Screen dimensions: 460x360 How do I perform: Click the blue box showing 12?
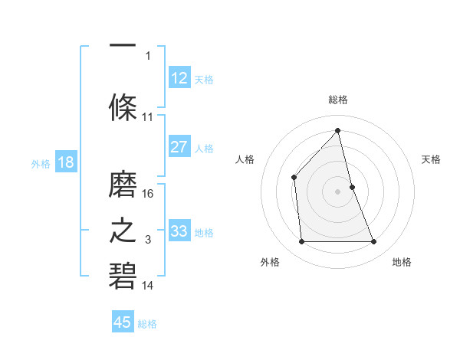pos(179,78)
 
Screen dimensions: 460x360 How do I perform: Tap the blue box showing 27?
pos(179,147)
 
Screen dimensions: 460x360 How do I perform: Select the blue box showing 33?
pos(179,231)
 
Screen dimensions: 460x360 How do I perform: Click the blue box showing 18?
pos(65,162)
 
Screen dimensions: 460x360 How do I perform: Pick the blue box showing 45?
pos(123,322)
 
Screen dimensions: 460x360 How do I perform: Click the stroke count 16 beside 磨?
pos(149,193)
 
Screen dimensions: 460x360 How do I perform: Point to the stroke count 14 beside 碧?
pos(148,286)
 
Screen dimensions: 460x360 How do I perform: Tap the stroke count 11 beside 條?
pos(148,117)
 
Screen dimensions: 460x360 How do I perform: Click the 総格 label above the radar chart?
pos(338,100)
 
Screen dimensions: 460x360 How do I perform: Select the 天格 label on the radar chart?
pos(432,159)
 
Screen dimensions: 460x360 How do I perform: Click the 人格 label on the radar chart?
pos(245,159)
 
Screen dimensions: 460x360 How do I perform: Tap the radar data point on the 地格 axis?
pos(374,242)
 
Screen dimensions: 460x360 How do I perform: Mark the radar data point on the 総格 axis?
pos(338,130)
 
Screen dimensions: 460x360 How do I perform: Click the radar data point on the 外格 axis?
pos(301,242)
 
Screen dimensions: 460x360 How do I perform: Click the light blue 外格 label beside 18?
pos(40,162)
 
